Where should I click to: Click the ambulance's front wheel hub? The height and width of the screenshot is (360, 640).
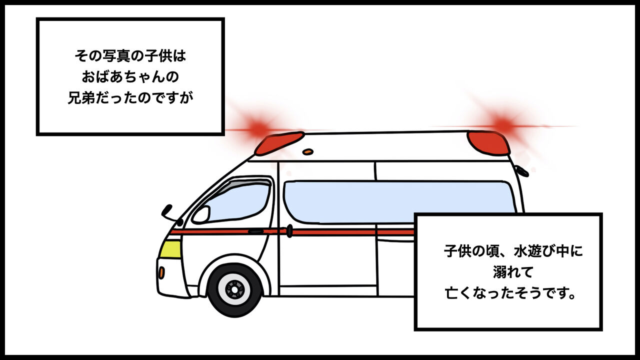pyautogui.click(x=234, y=288)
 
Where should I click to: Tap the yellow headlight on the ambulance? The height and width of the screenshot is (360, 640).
pyautogui.click(x=170, y=248)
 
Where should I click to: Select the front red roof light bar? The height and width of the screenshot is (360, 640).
pyautogui.click(x=279, y=143)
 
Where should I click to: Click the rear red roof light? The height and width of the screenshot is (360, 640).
pyautogui.click(x=488, y=143)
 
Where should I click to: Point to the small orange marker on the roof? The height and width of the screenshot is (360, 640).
pyautogui.click(x=308, y=151)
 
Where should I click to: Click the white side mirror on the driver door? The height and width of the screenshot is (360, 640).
pyautogui.click(x=200, y=214)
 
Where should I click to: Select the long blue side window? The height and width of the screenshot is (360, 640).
pyautogui.click(x=395, y=200)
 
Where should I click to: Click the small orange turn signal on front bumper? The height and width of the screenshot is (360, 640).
pyautogui.click(x=161, y=272)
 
